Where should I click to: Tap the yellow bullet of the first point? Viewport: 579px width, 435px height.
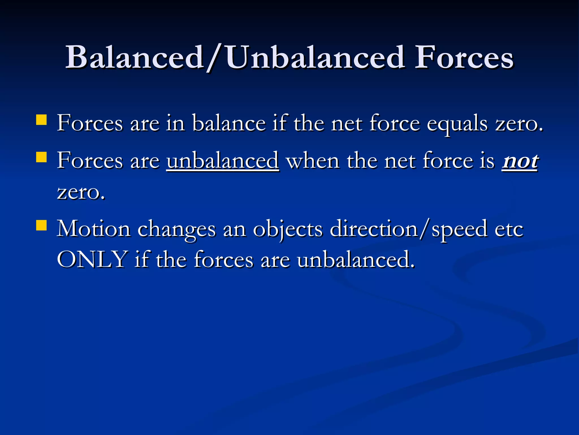[41, 120]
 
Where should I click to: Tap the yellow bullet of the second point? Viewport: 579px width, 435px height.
[41, 157]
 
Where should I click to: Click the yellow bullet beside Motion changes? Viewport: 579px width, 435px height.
[41, 226]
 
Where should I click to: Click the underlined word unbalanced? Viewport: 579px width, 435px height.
[223, 161]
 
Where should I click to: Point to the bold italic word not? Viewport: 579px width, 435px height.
[520, 161]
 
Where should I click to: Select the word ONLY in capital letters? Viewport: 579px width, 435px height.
[92, 259]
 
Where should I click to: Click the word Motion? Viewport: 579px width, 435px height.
[93, 229]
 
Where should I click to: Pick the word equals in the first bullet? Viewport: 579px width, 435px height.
[457, 124]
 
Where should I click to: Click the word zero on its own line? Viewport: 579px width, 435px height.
[81, 193]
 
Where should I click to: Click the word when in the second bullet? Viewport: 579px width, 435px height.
[313, 161]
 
